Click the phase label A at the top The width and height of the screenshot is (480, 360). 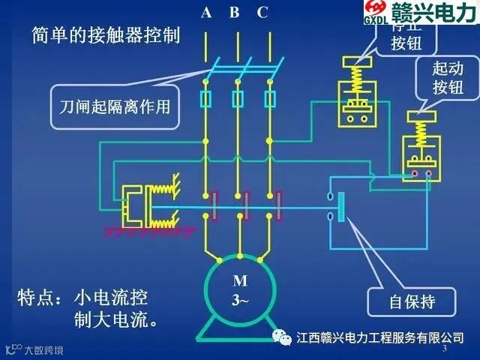coord(206,12)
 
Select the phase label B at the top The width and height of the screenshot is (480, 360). coord(235,12)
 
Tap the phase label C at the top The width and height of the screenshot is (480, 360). coord(262,12)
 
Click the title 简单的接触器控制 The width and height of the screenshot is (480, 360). coord(106,35)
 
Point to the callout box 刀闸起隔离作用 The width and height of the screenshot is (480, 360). coord(115,106)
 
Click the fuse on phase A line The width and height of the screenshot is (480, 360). coord(205,98)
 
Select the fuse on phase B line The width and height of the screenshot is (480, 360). coord(238,98)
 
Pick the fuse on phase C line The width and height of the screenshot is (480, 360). coord(271,98)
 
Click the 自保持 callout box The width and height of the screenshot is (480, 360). coord(412,302)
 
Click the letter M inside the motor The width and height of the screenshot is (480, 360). coord(239,282)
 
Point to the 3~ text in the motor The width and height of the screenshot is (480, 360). coord(239,300)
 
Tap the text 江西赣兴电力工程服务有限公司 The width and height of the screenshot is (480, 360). coord(380,337)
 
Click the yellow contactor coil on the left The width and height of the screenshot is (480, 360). coord(139,204)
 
